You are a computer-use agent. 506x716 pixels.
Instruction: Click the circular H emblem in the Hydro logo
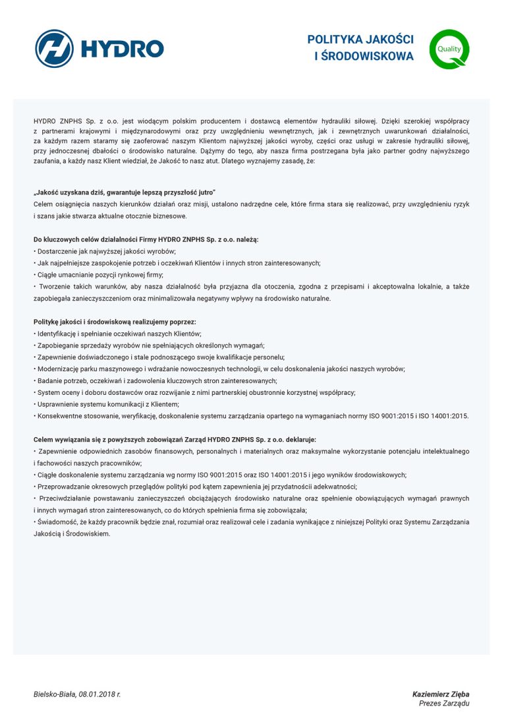pyautogui.click(x=54, y=49)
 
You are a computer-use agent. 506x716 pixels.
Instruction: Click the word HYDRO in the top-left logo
pyautogui.click(x=121, y=49)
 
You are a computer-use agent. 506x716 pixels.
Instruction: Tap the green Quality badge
pyautogui.click(x=449, y=49)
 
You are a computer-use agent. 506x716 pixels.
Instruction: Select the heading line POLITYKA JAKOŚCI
pyautogui.click(x=360, y=40)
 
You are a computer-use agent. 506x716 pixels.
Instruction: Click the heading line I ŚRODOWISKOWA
pyautogui.click(x=364, y=57)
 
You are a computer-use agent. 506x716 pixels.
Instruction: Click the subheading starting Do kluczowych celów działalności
pyautogui.click(x=146, y=239)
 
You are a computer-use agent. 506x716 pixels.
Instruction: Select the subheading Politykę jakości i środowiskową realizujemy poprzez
pyautogui.click(x=115, y=322)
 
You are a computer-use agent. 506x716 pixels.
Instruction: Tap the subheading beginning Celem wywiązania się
pyautogui.click(x=175, y=439)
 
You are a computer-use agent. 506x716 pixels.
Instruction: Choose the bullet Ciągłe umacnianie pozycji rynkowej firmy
pyautogui.click(x=98, y=275)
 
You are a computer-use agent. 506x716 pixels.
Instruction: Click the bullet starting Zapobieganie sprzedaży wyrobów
pyautogui.click(x=149, y=345)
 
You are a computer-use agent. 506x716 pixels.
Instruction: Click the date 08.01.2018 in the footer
pyautogui.click(x=99, y=694)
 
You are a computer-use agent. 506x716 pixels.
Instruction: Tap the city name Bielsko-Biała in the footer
pyautogui.click(x=55, y=694)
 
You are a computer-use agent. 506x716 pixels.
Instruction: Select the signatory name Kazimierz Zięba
pyautogui.click(x=441, y=694)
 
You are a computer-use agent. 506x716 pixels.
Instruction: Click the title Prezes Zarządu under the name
pyautogui.click(x=444, y=704)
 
